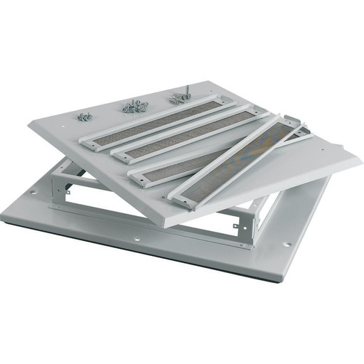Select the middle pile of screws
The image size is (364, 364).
tap(134, 107)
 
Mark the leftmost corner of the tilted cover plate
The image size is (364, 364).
tap(30, 127)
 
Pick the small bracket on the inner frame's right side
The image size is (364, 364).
tap(244, 226)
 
